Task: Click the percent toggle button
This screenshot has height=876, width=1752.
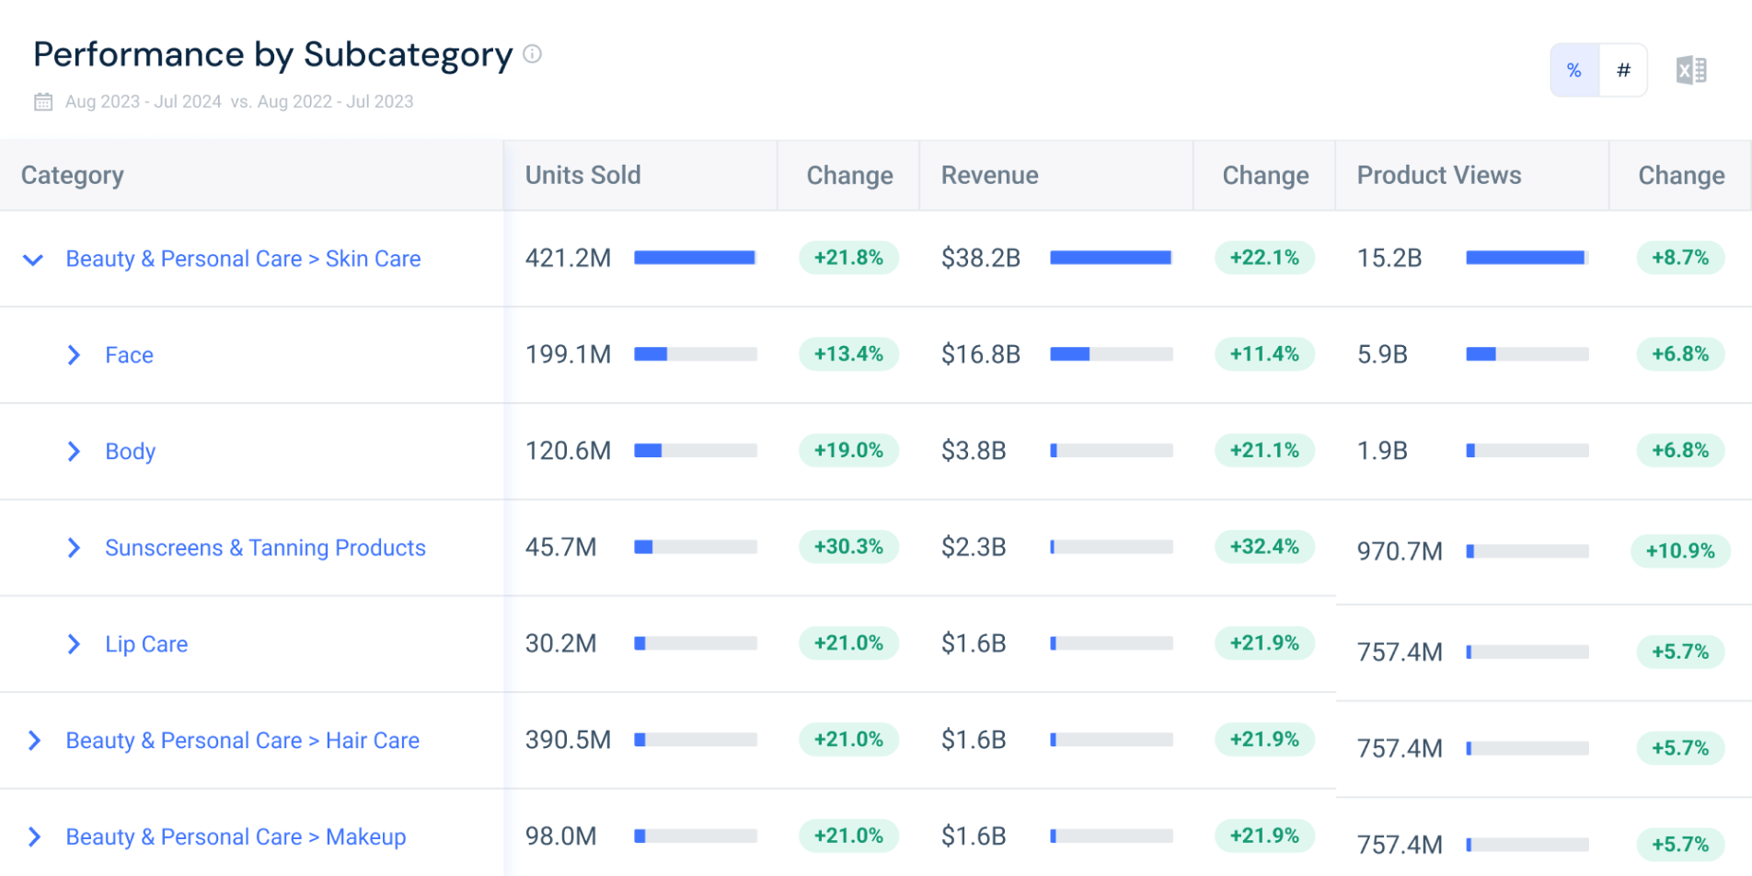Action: pyautogui.click(x=1574, y=70)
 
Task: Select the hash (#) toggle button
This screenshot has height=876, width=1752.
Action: pyautogui.click(x=1623, y=70)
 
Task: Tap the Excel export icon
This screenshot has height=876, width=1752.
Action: pyautogui.click(x=1691, y=70)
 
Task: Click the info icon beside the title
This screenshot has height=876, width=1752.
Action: pyautogui.click(x=532, y=54)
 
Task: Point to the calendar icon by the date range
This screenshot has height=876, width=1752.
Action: pyautogui.click(x=43, y=101)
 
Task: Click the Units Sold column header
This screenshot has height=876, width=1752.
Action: pyautogui.click(x=582, y=175)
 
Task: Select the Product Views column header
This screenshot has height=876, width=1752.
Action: pyautogui.click(x=1439, y=175)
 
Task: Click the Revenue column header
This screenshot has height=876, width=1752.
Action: pyautogui.click(x=989, y=175)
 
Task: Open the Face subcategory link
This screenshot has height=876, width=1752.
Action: pyautogui.click(x=129, y=355)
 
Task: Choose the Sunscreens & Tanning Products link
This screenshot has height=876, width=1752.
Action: pyautogui.click(x=265, y=547)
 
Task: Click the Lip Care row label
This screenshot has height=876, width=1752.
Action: pyautogui.click(x=146, y=644)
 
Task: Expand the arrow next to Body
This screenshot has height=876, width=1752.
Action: pyautogui.click(x=74, y=451)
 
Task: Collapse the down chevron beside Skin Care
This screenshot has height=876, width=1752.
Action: pyautogui.click(x=33, y=259)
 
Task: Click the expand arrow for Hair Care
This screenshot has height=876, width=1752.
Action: pyautogui.click(x=34, y=741)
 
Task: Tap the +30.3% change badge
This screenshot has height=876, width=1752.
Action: pyautogui.click(x=848, y=547)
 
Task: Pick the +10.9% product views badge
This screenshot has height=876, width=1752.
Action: pyautogui.click(x=1680, y=550)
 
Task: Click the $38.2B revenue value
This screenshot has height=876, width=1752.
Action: pyautogui.click(x=981, y=259)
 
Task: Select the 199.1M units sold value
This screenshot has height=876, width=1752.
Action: pyautogui.click(x=568, y=354)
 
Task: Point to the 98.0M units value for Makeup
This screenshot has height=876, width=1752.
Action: pyautogui.click(x=560, y=836)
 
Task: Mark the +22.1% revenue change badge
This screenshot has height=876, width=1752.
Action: pyautogui.click(x=1264, y=258)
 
